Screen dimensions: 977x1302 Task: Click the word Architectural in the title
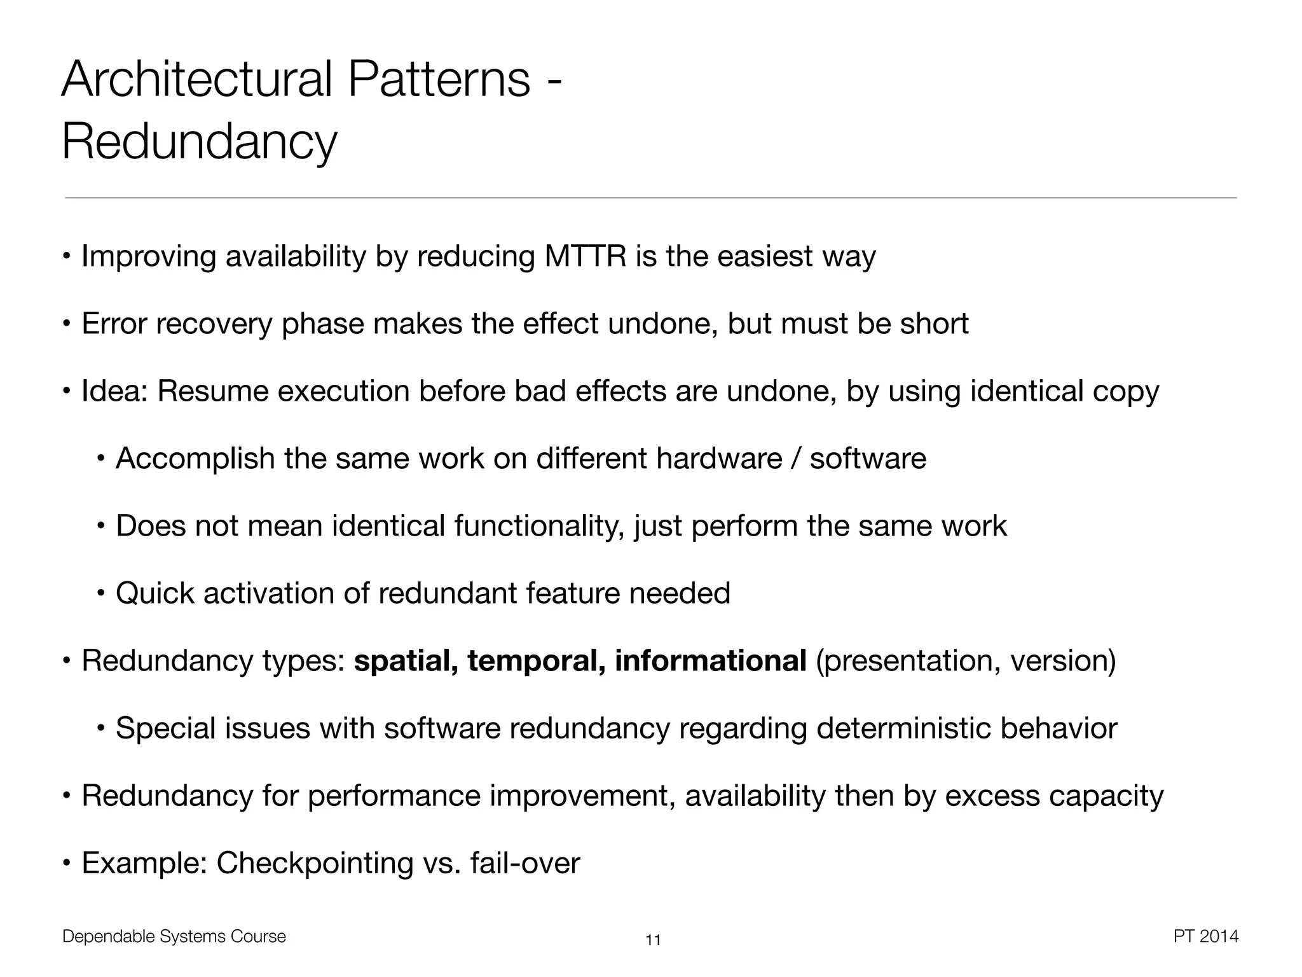(197, 80)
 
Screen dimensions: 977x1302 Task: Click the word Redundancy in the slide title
(199, 142)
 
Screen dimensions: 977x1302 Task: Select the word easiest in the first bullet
(764, 256)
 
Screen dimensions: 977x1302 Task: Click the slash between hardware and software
(795, 459)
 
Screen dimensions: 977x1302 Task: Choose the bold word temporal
(535, 661)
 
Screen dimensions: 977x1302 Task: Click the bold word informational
(710, 661)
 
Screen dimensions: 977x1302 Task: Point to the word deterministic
(903, 728)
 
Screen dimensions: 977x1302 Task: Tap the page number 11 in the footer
(653, 940)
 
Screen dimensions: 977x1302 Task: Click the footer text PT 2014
(1205, 936)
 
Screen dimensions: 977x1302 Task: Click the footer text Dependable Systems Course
(174, 936)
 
